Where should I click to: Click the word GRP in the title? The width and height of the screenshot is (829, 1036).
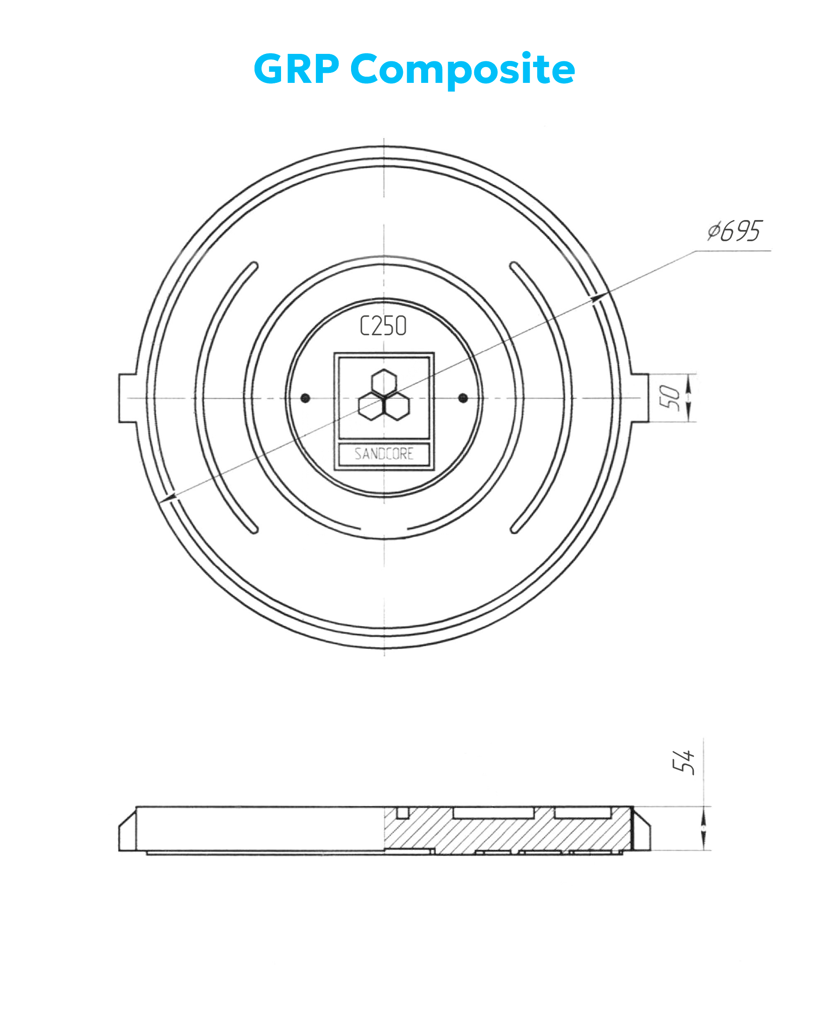[x=296, y=68]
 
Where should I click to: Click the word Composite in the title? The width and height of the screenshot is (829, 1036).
[x=463, y=70]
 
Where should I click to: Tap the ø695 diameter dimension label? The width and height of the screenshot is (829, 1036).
[x=735, y=231]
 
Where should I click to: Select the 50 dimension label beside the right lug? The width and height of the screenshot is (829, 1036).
[x=670, y=398]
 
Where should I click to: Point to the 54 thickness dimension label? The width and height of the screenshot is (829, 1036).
[x=684, y=762]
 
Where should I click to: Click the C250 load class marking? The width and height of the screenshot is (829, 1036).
[x=383, y=326]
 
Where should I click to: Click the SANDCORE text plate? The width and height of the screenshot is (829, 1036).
[x=384, y=454]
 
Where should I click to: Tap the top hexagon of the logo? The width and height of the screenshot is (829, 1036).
[x=384, y=383]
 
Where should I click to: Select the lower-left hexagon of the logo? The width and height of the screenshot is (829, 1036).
[x=371, y=406]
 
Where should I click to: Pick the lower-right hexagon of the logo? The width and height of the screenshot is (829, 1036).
[x=397, y=406]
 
